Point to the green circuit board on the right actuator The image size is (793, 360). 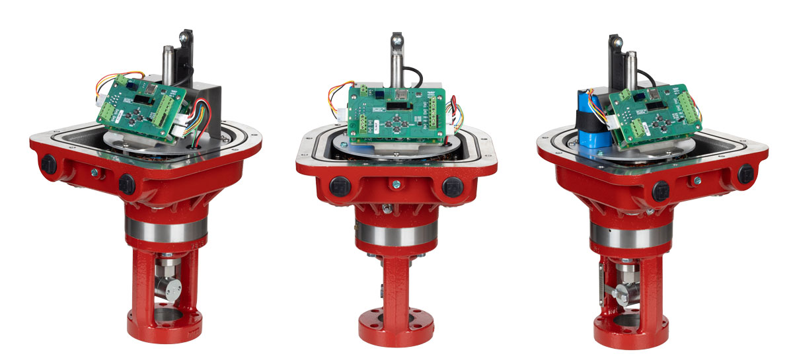[x=650, y=113]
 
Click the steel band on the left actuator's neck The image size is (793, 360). [x=165, y=229]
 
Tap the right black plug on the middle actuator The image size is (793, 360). [x=451, y=186]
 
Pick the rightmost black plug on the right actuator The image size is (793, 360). [x=745, y=173]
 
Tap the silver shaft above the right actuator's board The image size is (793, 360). [x=632, y=69]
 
